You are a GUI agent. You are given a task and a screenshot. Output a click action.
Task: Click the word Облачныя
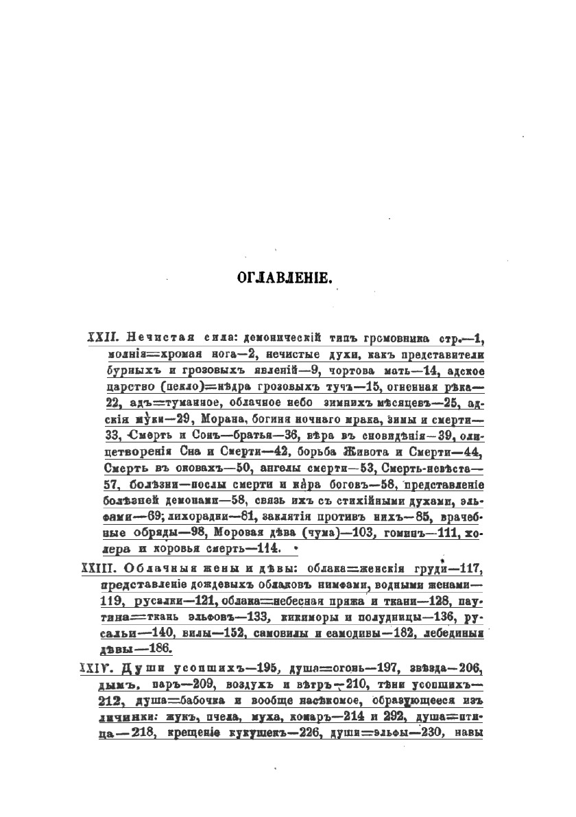(x=157, y=569)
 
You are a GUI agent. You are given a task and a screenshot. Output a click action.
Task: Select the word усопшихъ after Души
(x=197, y=667)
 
